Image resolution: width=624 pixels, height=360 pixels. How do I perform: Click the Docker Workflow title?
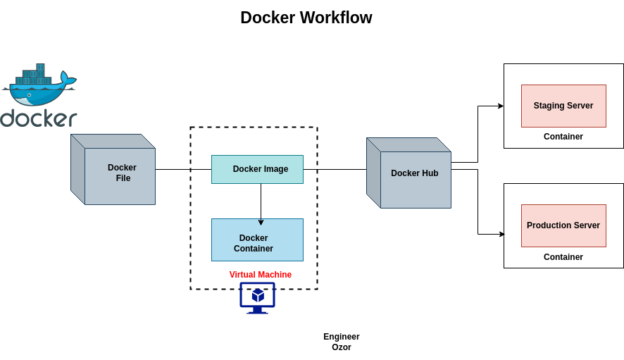[x=306, y=18]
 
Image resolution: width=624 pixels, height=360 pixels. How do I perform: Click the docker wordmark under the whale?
[x=39, y=118]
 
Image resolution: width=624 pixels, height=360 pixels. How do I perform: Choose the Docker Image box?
[x=257, y=169]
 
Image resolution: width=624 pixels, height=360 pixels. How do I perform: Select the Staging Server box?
[x=563, y=106]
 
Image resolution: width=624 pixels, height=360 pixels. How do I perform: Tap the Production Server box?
[x=563, y=225]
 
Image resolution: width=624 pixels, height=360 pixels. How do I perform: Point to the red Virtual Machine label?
[x=260, y=275]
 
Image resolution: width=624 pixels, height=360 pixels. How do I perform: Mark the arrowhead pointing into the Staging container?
[x=501, y=106]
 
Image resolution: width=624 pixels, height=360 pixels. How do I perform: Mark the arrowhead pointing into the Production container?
[x=501, y=234]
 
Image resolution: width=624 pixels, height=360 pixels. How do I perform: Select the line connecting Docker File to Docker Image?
[x=183, y=169]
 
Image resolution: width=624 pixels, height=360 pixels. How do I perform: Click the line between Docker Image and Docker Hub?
[x=335, y=169]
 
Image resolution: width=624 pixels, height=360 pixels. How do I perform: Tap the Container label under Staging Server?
[x=563, y=137]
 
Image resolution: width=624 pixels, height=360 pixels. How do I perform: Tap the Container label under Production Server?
[x=563, y=257]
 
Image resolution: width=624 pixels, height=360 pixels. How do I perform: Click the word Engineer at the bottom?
[x=342, y=337]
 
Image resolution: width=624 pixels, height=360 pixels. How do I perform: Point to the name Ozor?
[x=342, y=347]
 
